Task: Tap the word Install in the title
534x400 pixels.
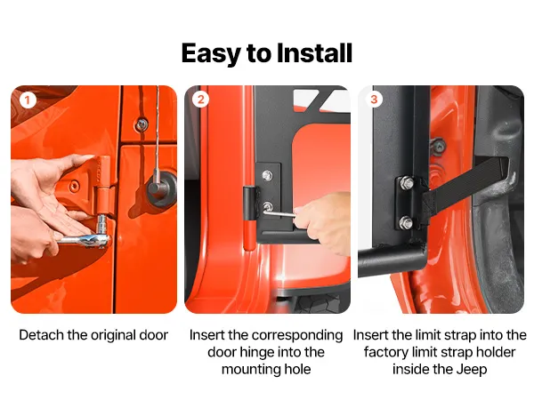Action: pyautogui.click(x=314, y=53)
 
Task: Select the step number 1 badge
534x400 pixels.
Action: pyautogui.click(x=28, y=100)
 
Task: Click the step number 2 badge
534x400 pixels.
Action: pyautogui.click(x=200, y=100)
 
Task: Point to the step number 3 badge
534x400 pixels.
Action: pyautogui.click(x=374, y=100)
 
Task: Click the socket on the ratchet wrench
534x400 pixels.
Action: pyautogui.click(x=101, y=225)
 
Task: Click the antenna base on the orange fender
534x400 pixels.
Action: pyautogui.click(x=163, y=188)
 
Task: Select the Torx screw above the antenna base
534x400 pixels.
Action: pyautogui.click(x=142, y=124)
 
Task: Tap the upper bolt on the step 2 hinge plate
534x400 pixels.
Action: pyautogui.click(x=267, y=175)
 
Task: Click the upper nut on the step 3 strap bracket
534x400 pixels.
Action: pyautogui.click(x=407, y=183)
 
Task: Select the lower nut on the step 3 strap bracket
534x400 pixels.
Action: pyautogui.click(x=406, y=223)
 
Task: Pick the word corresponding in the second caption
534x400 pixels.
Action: pyautogui.click(x=297, y=336)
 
